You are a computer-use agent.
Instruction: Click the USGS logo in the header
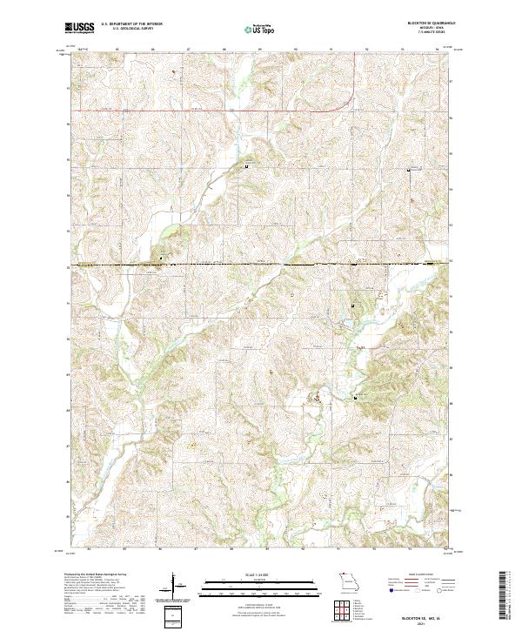pos(79,29)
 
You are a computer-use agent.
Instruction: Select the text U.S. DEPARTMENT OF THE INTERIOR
pos(131,24)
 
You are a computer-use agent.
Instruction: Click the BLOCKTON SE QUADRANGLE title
pos(425,23)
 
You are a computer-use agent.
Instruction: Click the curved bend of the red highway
pos(348,103)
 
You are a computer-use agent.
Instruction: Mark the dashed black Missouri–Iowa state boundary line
pos(261,263)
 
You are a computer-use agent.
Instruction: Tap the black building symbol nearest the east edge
pos(410,171)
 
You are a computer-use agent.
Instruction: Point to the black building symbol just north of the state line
pos(161,255)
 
